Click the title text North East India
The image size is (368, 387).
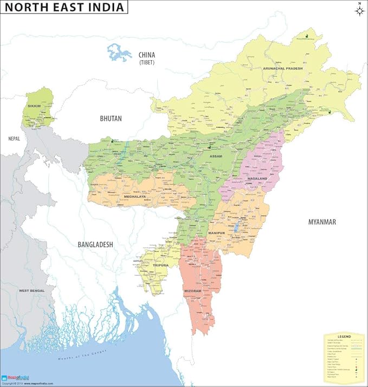tap(63, 7)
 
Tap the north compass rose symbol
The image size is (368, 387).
tap(358, 10)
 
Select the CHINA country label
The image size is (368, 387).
tap(147, 55)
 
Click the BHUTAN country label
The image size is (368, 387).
tap(111, 118)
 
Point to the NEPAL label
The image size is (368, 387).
tap(14, 139)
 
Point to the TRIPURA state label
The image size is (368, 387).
tap(160, 265)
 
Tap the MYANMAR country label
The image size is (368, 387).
tap(322, 222)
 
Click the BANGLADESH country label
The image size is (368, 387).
tap(95, 244)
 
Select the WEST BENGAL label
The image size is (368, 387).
tap(31, 291)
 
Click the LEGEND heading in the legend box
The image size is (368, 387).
tap(344, 337)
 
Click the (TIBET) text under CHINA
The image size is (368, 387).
tap(147, 63)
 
